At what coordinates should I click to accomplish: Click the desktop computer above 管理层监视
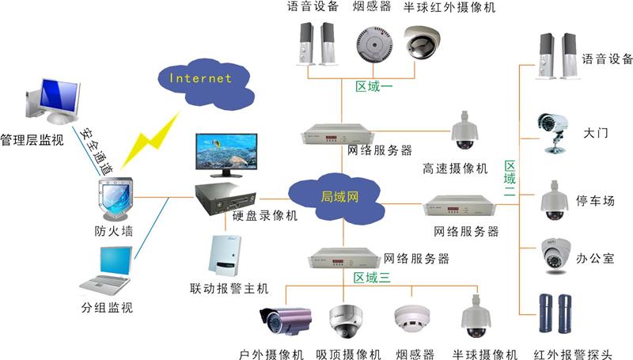[x=52, y=99]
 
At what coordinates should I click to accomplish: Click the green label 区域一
[x=369, y=85]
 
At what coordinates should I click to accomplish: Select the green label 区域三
[x=372, y=277]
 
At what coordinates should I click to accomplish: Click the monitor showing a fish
[x=226, y=154]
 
